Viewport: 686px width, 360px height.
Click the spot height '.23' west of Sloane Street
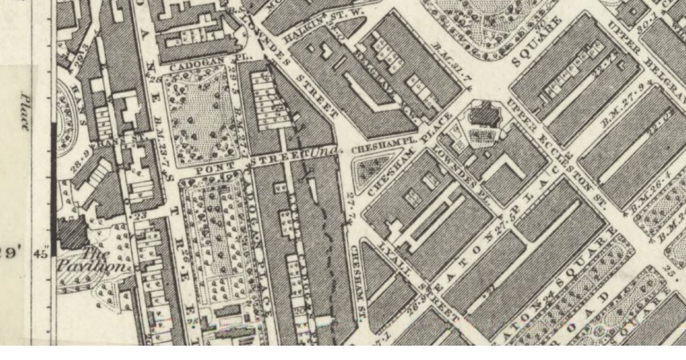139,217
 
